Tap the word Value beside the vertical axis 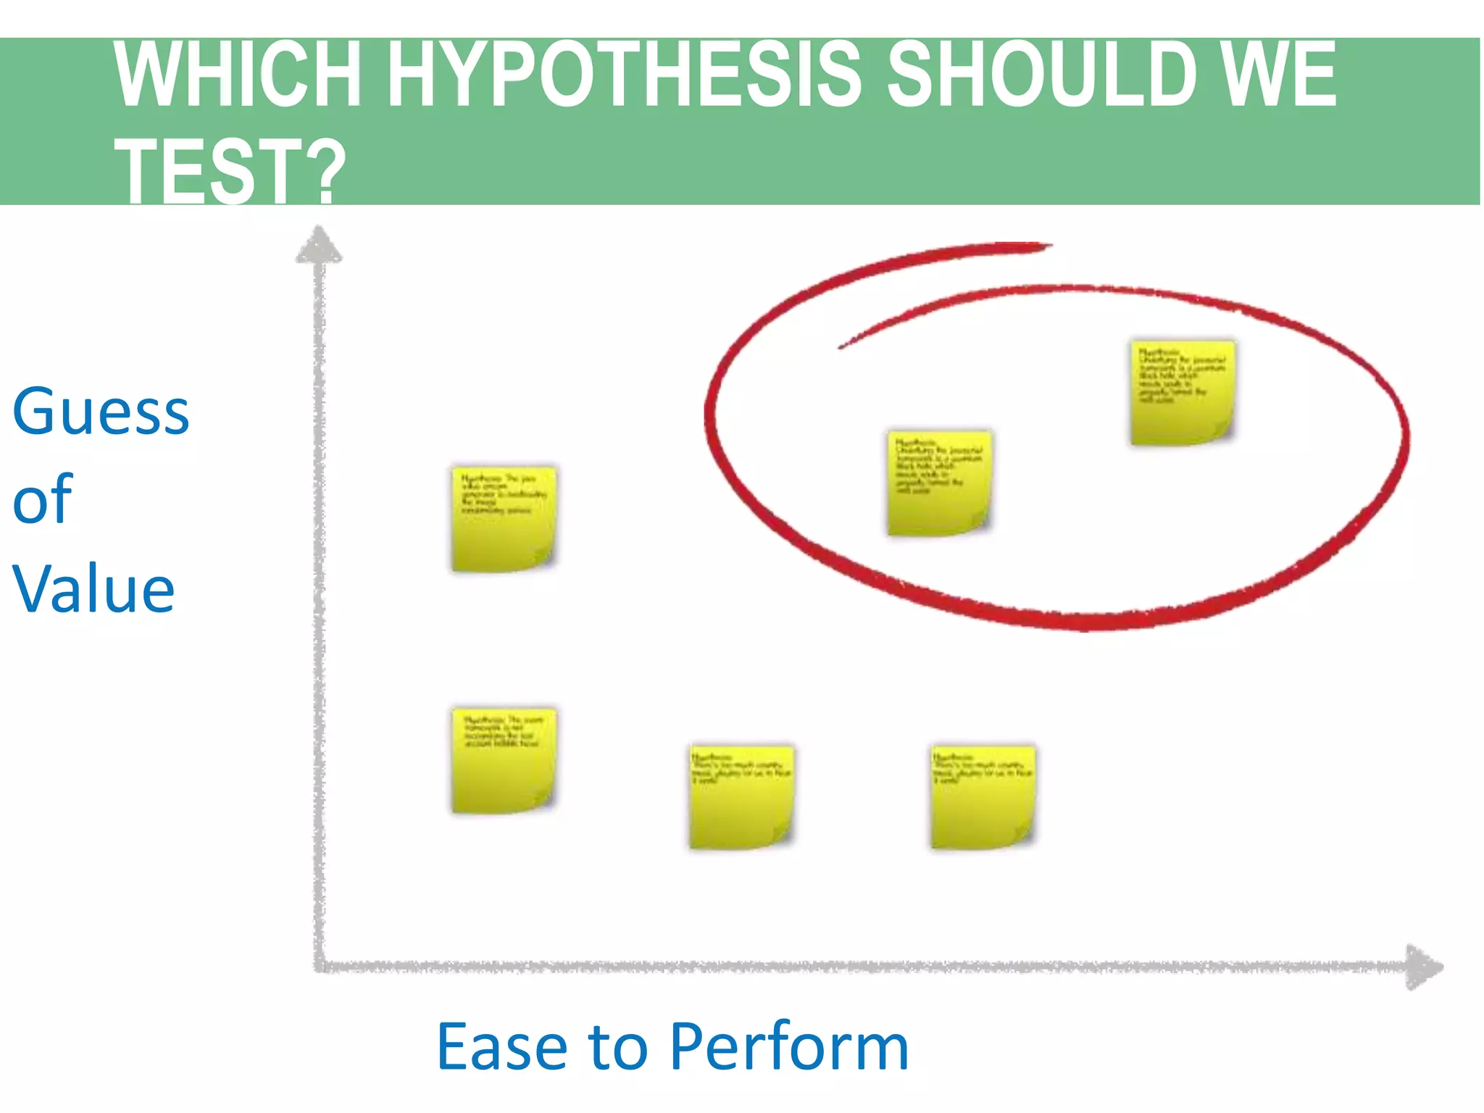93,588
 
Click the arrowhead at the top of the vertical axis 319,245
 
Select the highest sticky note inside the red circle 1183,392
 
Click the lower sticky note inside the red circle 939,483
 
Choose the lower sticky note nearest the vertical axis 504,760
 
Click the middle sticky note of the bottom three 741,796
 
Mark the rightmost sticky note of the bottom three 983,796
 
